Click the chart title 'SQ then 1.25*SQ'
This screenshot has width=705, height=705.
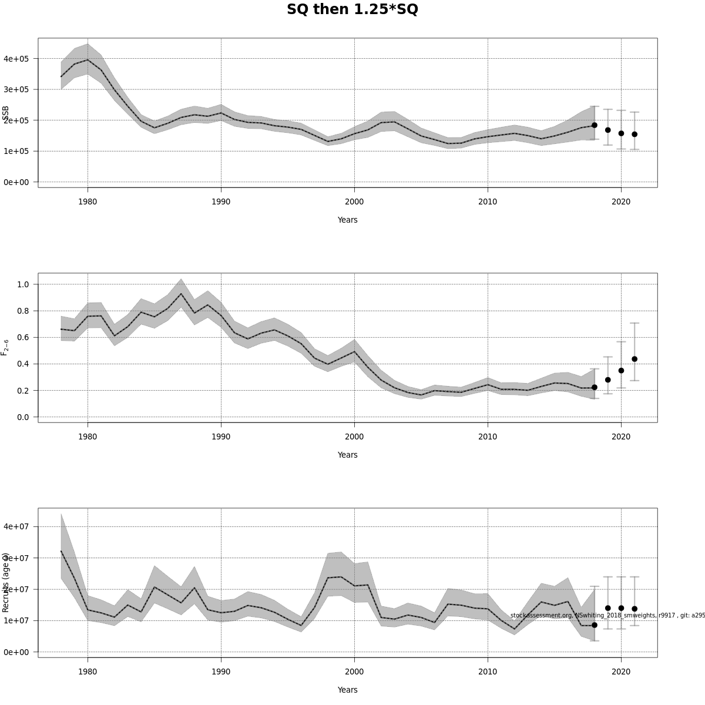[x=352, y=10]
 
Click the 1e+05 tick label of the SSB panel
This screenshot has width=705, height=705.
[x=16, y=151]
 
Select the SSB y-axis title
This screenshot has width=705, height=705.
[x=5, y=113]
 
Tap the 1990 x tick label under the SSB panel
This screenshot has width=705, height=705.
[x=221, y=202]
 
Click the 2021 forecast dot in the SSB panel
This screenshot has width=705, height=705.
[x=634, y=134]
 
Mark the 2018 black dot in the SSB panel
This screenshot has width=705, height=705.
[x=594, y=125]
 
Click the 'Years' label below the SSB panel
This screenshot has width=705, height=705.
[x=347, y=220]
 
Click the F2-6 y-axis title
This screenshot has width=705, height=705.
[x=5, y=347]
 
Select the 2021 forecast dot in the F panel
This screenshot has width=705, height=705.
[x=634, y=359]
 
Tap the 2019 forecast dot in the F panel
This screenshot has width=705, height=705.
[x=607, y=380]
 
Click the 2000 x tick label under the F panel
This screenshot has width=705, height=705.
[x=354, y=437]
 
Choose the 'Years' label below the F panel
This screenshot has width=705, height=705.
[x=347, y=455]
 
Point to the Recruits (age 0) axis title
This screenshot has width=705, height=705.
[x=5, y=582]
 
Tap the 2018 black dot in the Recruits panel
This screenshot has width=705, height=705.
[x=594, y=625]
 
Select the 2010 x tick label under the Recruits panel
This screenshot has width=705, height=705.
[x=488, y=672]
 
